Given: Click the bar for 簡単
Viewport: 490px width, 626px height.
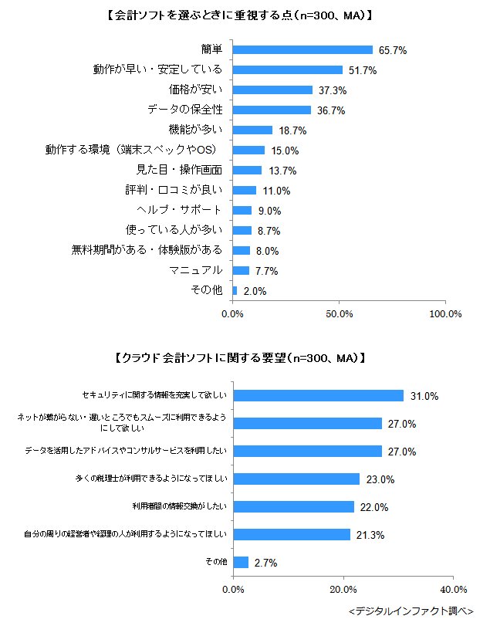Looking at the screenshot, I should tap(302, 49).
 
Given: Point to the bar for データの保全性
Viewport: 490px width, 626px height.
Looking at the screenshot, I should tap(272, 110).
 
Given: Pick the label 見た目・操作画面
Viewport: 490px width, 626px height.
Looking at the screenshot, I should tap(179, 170).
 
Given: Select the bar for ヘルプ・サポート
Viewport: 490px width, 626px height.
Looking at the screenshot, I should tap(242, 210).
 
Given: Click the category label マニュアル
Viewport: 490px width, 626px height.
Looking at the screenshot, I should tap(196, 270).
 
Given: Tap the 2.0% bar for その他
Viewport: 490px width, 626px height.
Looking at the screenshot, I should tap(235, 290).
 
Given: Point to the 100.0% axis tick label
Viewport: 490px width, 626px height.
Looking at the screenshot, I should tap(444, 314).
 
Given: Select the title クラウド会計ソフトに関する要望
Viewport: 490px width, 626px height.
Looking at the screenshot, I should tap(238, 358).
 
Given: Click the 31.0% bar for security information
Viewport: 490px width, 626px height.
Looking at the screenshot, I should tap(318, 395).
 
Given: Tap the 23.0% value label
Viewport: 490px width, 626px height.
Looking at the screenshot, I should tap(380, 479).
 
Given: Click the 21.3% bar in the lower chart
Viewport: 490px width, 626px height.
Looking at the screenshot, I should tap(292, 534).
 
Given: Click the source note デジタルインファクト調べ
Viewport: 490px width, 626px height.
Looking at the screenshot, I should tap(411, 611).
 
